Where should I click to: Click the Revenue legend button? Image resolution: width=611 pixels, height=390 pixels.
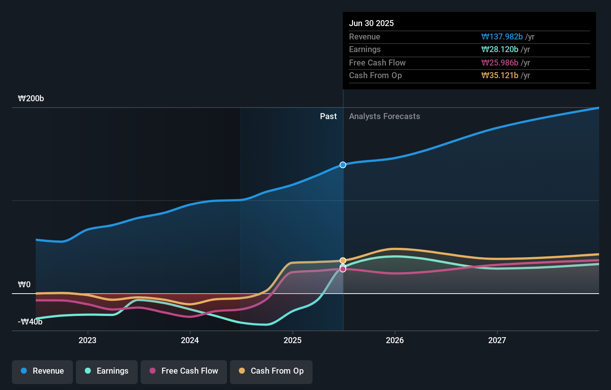[x=42, y=371]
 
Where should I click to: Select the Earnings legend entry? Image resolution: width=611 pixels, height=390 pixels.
[x=107, y=371]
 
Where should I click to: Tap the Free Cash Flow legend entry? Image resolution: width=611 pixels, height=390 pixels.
[x=184, y=371]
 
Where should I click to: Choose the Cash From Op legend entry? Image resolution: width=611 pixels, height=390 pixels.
[x=271, y=371]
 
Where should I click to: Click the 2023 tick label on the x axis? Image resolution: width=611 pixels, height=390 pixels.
[x=87, y=340]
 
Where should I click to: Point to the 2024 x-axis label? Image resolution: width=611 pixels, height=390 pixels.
[x=190, y=340]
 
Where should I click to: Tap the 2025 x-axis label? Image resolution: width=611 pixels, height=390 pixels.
[x=292, y=340]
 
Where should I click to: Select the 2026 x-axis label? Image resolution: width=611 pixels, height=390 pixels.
[x=395, y=340]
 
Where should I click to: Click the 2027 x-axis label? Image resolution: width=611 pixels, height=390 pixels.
[x=497, y=340]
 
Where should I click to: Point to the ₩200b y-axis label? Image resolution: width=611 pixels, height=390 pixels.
[x=31, y=99]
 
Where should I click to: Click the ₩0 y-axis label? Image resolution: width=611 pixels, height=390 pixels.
[x=24, y=285]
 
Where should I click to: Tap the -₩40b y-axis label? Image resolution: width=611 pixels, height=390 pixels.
[x=30, y=322]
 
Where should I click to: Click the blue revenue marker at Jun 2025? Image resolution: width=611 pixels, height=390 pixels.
[x=343, y=165]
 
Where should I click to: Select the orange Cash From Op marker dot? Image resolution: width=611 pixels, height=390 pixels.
[x=343, y=260]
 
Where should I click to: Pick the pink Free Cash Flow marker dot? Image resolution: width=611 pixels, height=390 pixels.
[x=343, y=269]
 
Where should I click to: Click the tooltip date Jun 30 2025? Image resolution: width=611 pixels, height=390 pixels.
[x=371, y=23]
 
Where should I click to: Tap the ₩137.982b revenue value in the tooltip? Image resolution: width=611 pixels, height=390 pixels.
[x=502, y=36]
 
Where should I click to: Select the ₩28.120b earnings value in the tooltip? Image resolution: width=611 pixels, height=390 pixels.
[x=500, y=49]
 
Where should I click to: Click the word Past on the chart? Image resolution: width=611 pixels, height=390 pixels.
[x=328, y=116]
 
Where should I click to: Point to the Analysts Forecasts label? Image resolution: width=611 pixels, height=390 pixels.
[x=384, y=116]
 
